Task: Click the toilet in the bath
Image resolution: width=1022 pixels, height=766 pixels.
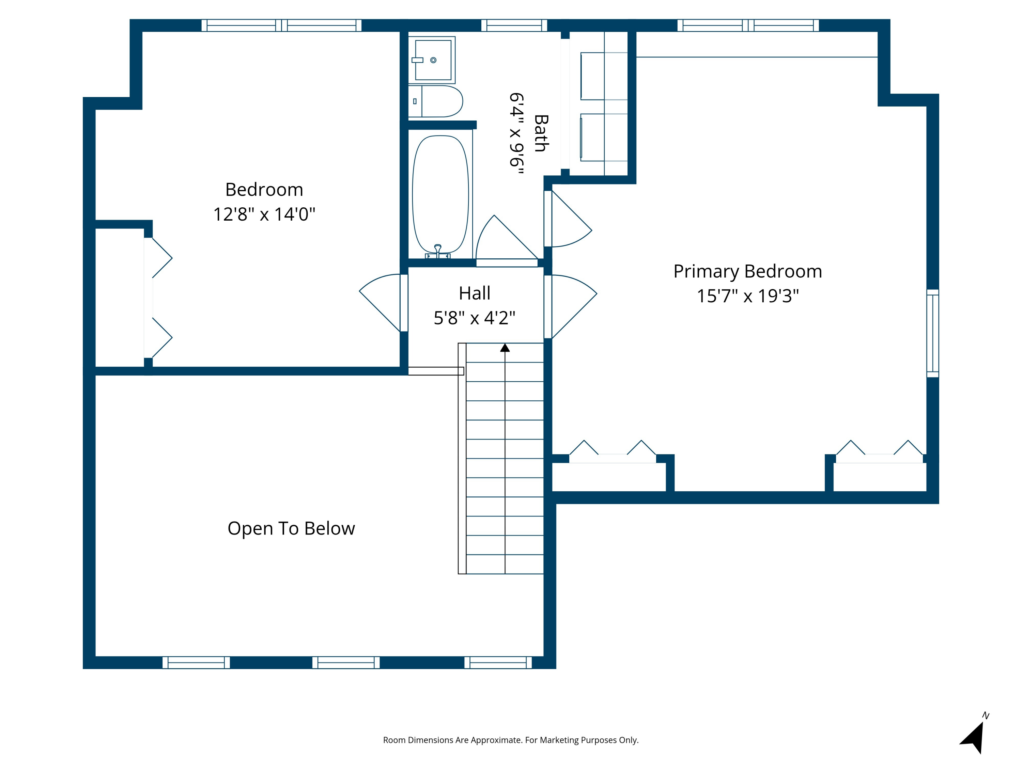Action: (435, 101)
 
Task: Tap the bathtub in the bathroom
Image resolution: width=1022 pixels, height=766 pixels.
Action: (440, 194)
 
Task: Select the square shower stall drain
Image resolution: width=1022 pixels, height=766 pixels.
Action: (433, 60)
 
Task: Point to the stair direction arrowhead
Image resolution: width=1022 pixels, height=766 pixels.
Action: (505, 348)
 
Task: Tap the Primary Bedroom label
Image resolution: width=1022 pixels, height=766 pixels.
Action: (747, 271)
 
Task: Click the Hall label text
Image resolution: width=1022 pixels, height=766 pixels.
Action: (475, 293)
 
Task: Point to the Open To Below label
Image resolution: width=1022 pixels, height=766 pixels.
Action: (291, 528)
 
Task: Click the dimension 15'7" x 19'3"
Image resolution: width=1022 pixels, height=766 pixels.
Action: (747, 296)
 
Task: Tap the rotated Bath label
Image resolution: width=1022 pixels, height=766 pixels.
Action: (541, 133)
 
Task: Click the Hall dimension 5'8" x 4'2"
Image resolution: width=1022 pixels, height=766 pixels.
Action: (475, 318)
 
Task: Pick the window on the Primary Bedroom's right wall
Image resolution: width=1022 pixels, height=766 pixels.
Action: (933, 333)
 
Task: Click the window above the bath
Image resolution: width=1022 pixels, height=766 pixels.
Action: (514, 26)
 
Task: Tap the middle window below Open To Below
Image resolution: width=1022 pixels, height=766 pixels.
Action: (346, 663)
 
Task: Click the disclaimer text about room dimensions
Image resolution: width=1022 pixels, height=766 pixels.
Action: (511, 740)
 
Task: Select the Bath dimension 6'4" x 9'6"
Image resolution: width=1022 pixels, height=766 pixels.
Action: (516, 133)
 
